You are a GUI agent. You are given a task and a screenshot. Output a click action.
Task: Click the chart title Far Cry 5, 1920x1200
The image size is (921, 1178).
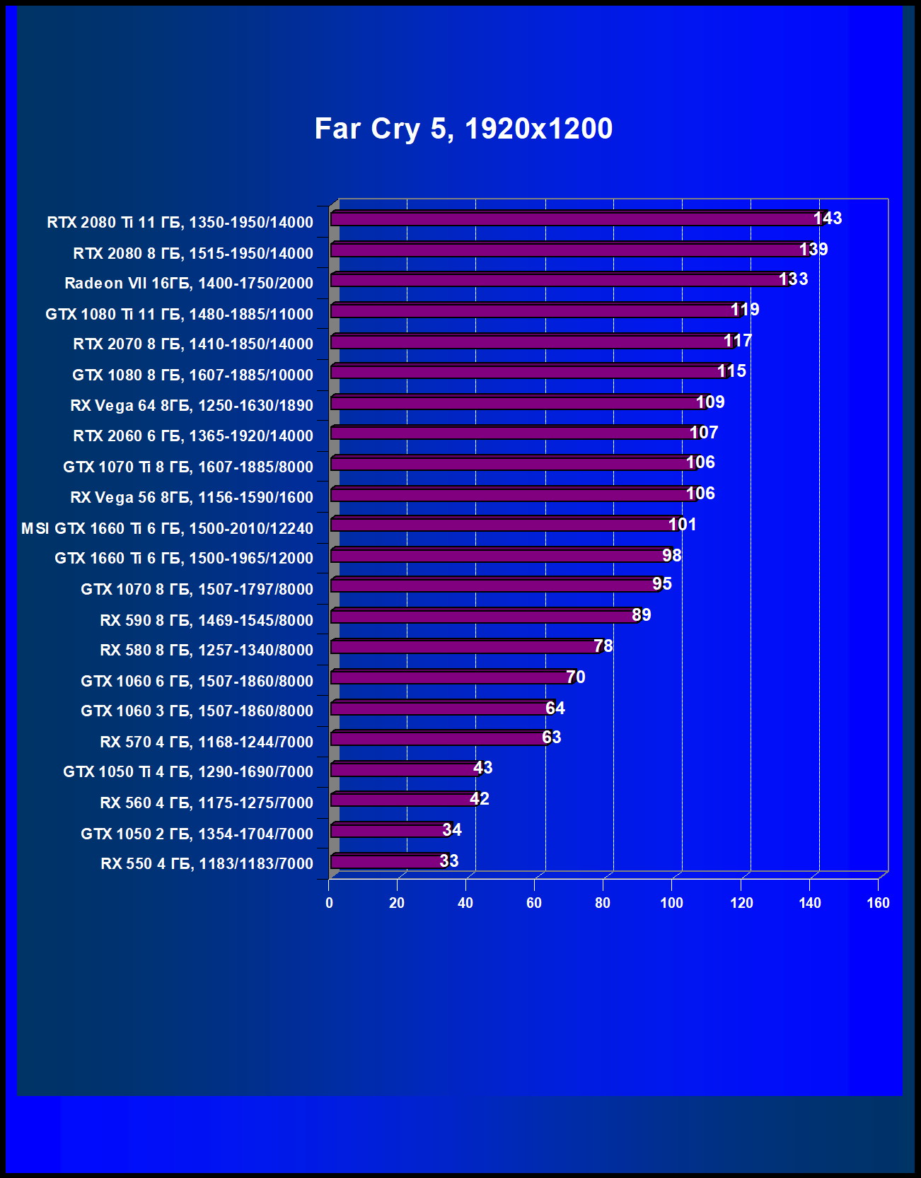463,129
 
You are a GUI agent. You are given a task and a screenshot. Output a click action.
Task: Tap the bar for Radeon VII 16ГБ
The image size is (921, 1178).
559,280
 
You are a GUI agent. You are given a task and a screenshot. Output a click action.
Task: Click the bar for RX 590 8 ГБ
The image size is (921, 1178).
485,617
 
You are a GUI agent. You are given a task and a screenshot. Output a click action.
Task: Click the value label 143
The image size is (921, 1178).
828,218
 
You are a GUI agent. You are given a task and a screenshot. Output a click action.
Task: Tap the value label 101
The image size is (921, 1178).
683,525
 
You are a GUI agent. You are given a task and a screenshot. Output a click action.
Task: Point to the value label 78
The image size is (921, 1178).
603,646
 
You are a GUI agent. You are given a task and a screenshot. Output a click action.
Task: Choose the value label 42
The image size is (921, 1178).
480,799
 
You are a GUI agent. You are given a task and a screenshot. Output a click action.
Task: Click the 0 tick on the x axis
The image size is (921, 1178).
329,903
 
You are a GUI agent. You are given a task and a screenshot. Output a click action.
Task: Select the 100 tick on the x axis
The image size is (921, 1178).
672,903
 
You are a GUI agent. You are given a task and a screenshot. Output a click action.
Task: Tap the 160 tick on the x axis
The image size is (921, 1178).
878,903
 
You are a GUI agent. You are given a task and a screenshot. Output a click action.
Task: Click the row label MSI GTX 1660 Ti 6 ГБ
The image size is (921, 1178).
167,528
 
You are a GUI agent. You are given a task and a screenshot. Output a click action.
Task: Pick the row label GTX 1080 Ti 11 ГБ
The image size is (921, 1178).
179,314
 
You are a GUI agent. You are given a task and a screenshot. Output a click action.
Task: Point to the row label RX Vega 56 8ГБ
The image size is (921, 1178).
192,498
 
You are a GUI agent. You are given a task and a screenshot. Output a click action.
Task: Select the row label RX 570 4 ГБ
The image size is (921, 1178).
207,742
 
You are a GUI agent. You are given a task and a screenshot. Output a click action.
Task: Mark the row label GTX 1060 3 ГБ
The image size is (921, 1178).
197,711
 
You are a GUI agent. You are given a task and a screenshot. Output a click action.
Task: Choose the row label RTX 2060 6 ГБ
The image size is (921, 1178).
193,436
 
